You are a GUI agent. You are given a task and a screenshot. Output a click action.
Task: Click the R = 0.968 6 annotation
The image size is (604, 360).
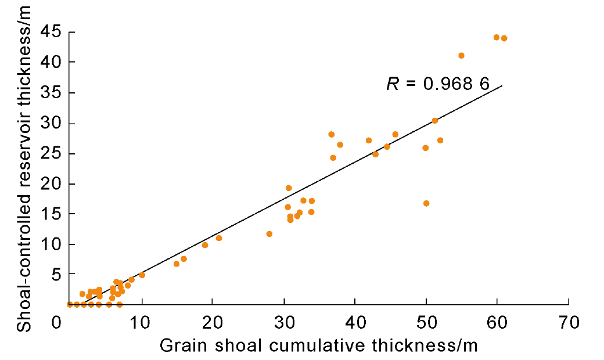(x=438, y=84)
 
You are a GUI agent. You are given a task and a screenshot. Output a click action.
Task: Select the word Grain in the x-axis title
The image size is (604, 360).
(x=178, y=346)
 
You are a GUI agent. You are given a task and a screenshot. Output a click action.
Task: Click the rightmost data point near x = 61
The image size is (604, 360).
(x=504, y=38)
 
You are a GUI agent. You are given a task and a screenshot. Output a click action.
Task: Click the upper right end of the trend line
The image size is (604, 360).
(x=502, y=86)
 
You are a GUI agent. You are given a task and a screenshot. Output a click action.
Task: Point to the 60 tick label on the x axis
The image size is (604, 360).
(x=497, y=320)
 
